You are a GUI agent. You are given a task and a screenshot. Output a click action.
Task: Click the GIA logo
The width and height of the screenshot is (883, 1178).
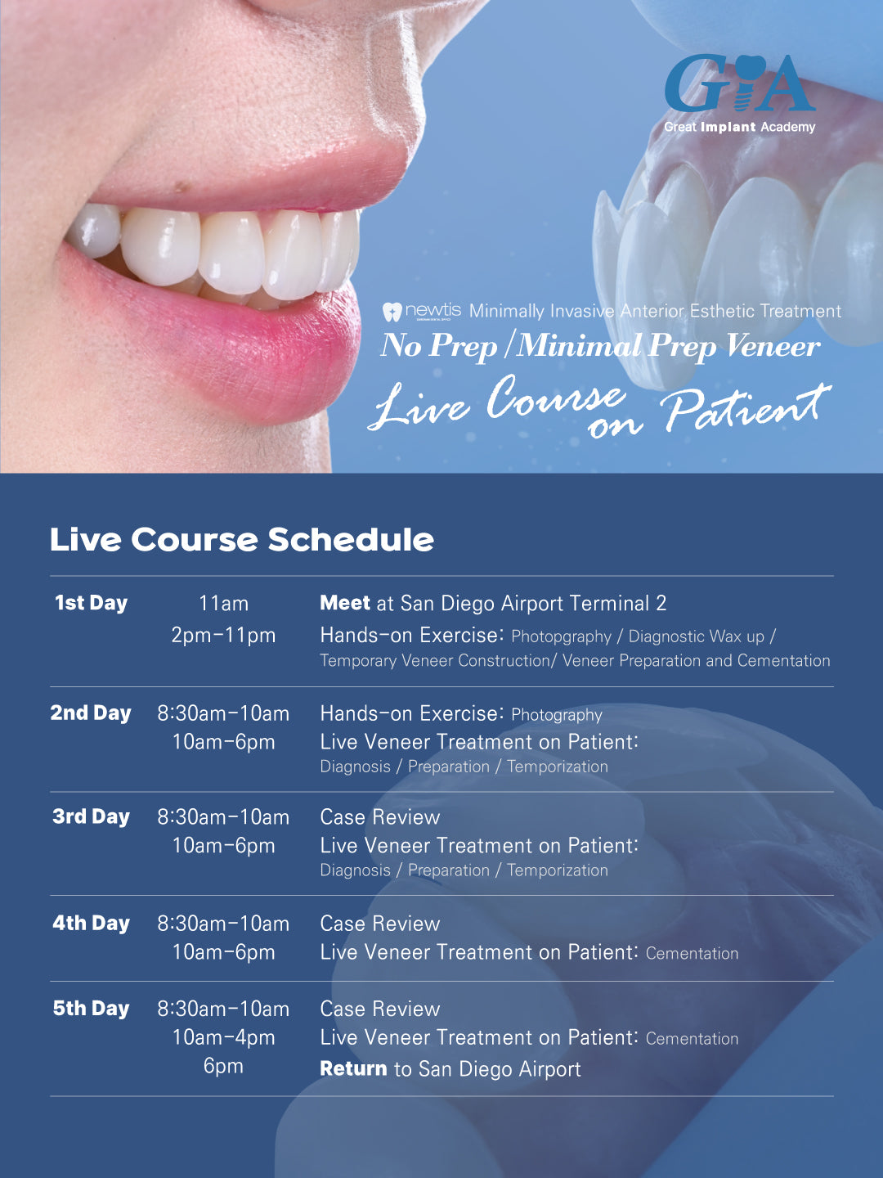(739, 83)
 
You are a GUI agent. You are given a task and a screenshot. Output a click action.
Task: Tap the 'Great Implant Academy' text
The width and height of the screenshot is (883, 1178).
(739, 127)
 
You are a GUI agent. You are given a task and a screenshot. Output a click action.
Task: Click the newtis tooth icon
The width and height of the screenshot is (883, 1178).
(392, 312)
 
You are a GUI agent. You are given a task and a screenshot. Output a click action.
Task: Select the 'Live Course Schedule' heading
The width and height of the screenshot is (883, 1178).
(241, 540)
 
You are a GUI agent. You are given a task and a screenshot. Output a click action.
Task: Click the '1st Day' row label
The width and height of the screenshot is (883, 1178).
(91, 603)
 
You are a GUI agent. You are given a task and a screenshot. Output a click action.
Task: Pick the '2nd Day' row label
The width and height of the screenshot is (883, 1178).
(91, 713)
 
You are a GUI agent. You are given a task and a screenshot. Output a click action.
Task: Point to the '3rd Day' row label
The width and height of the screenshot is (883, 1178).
(91, 816)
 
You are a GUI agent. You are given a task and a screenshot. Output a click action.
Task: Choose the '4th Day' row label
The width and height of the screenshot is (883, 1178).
(91, 923)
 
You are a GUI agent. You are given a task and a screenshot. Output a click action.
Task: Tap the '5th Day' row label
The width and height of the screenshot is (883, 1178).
(91, 1009)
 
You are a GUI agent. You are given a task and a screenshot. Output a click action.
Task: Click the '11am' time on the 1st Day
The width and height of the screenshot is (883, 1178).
(223, 604)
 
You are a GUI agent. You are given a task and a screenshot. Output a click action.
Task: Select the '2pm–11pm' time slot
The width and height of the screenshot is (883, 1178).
(223, 636)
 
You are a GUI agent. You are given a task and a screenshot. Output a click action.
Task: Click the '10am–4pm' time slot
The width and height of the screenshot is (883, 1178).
(223, 1037)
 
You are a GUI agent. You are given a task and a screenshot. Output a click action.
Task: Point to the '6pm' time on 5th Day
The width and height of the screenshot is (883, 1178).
(223, 1066)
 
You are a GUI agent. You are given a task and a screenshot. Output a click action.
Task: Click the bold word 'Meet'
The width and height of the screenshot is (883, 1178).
(345, 603)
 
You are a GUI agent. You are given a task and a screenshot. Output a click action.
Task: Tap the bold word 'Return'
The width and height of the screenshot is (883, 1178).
(353, 1068)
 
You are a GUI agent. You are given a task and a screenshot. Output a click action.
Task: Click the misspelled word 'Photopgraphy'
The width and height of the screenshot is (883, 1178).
(561, 636)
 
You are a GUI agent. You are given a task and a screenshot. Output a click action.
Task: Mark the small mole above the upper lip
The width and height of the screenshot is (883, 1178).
(182, 187)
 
